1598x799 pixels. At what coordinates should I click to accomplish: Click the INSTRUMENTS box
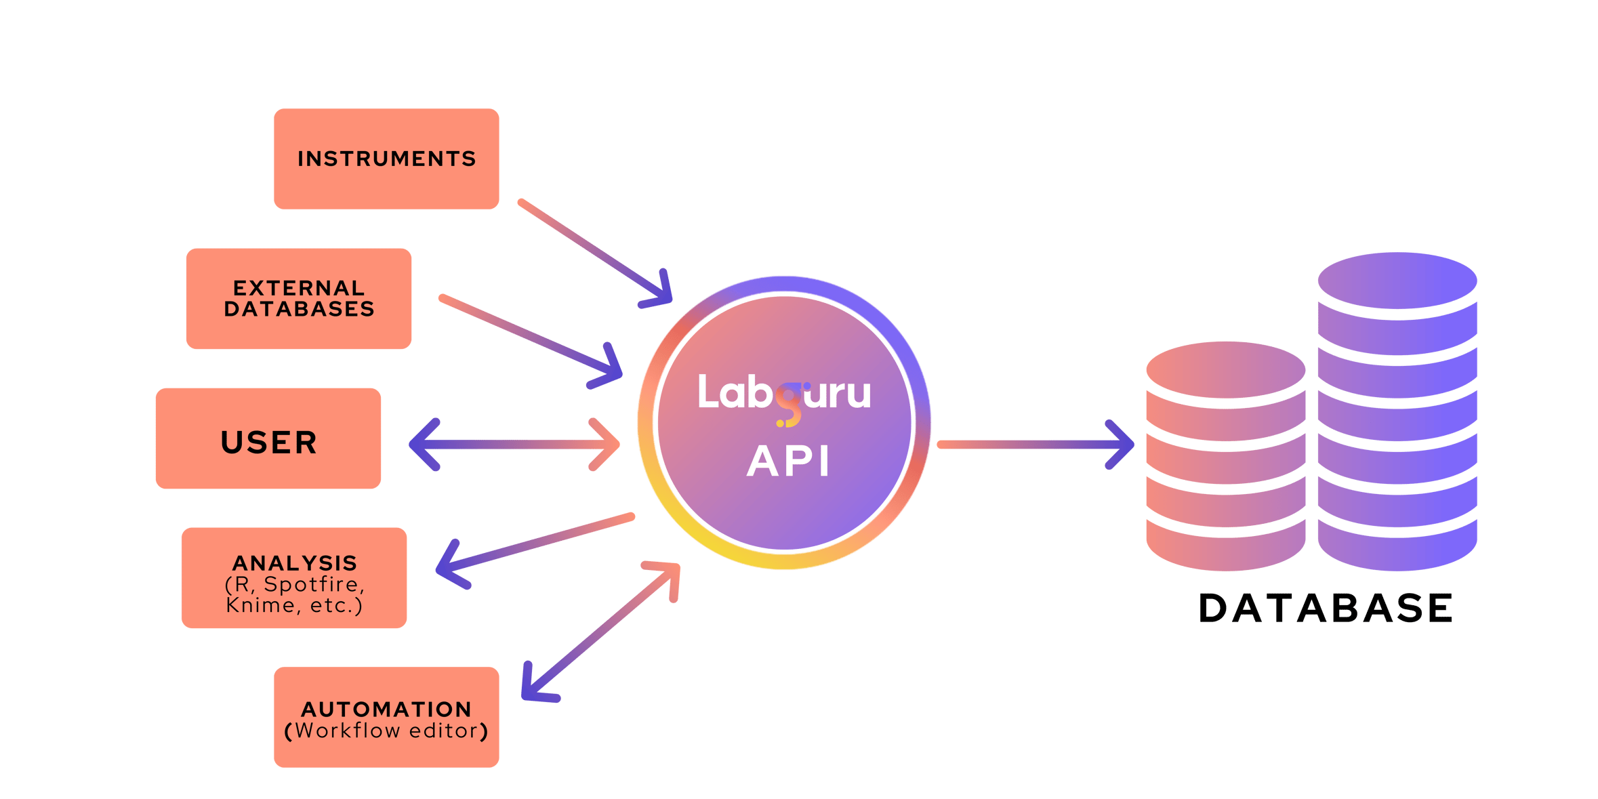click(x=386, y=159)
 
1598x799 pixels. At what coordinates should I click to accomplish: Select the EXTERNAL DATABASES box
click(x=299, y=298)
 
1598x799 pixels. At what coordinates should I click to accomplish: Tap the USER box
click(x=268, y=441)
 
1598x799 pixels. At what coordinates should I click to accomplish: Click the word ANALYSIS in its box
click(x=295, y=563)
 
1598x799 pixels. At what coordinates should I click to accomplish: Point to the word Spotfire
click(x=314, y=584)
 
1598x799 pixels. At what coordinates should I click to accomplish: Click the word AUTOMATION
click(x=386, y=710)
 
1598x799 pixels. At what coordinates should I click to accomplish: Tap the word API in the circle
click(x=788, y=462)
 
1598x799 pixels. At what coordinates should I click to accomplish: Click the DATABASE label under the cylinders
click(x=1326, y=608)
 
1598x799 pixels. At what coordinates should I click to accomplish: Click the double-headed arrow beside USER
click(x=515, y=445)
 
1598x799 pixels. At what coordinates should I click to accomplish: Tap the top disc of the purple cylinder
click(x=1397, y=281)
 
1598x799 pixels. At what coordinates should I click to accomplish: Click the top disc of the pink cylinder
click(x=1225, y=370)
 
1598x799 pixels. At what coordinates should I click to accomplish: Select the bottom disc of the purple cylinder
click(x=1397, y=549)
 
